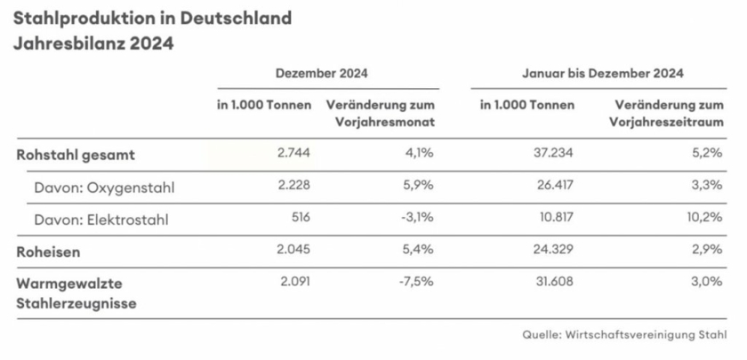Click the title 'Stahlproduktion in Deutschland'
[x=151, y=18]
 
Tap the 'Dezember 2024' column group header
[x=321, y=74]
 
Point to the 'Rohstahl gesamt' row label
[x=76, y=154]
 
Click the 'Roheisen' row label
[x=49, y=252]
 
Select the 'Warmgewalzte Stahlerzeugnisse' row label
[x=75, y=292]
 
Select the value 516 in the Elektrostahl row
[x=299, y=219]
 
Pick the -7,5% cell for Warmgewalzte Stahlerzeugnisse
[x=414, y=283]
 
